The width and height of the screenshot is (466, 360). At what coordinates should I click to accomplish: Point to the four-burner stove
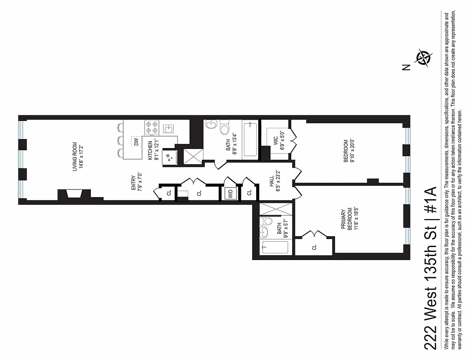[151, 127]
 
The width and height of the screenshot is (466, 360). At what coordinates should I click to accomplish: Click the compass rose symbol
[424, 58]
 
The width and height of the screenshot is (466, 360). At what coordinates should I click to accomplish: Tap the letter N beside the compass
[407, 67]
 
